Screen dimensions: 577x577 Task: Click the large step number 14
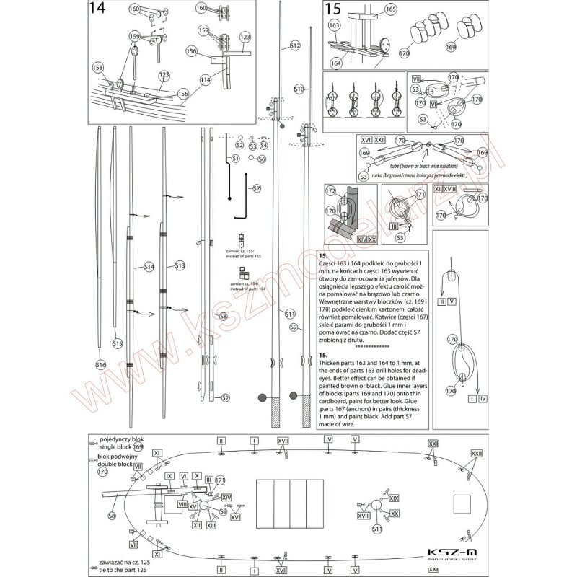(96, 11)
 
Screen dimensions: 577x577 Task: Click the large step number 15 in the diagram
(333, 9)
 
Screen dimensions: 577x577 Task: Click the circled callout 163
(335, 25)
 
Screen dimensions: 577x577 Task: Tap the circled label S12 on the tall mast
(294, 45)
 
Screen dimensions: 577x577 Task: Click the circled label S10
(299, 89)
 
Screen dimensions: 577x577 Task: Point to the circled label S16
(101, 366)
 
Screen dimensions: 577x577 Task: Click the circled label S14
(149, 267)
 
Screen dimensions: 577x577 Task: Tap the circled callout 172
(331, 191)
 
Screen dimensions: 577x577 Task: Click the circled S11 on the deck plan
(376, 529)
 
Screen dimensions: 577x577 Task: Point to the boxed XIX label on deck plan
(393, 498)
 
